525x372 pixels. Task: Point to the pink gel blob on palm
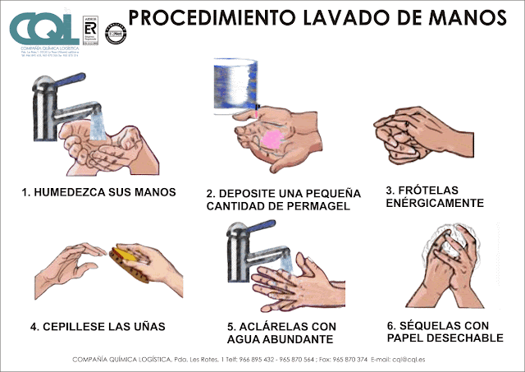(271, 139)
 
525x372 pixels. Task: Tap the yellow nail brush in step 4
(130, 261)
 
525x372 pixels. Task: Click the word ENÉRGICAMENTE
(434, 203)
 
